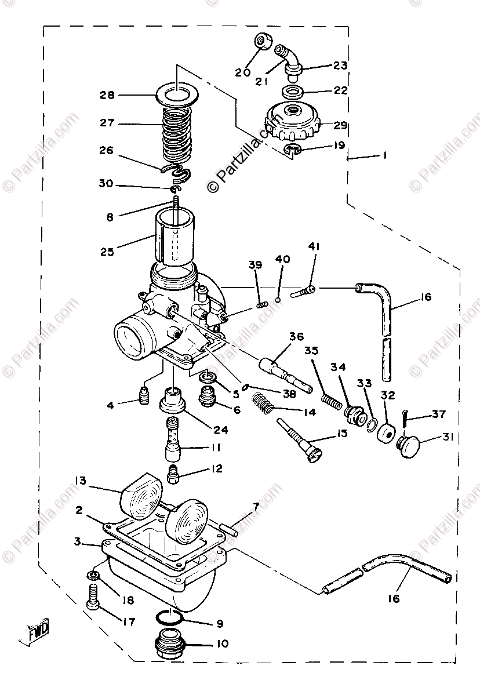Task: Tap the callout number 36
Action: pyautogui.click(x=296, y=336)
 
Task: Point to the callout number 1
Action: pyautogui.click(x=384, y=155)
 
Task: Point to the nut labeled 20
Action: pyautogui.click(x=260, y=43)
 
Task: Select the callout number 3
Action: pyautogui.click(x=77, y=542)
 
